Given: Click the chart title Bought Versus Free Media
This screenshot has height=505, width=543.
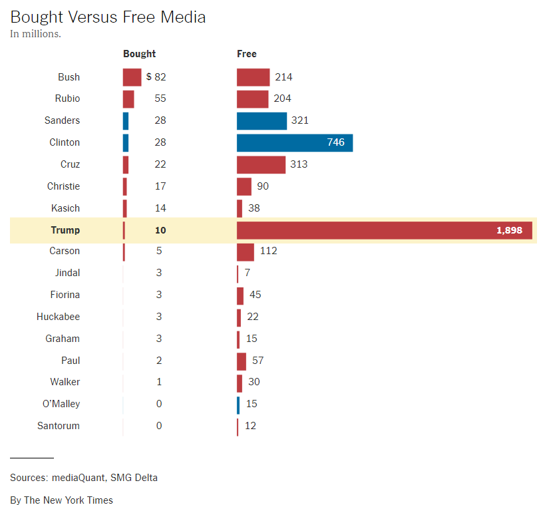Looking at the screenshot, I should point(108,17).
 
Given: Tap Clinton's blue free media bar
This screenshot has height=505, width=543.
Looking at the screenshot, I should point(294,142).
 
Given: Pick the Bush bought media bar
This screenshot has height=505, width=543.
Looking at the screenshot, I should point(132,77).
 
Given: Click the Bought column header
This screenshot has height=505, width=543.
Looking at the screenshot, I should point(139,54).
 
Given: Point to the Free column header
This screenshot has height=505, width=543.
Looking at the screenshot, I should point(246,54).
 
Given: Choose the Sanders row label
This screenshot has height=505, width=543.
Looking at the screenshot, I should point(62,120).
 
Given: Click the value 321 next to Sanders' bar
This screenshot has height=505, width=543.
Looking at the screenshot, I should point(299,120).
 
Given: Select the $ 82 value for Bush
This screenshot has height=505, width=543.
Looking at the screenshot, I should point(156,77).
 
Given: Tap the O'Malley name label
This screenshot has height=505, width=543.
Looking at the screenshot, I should point(61,404).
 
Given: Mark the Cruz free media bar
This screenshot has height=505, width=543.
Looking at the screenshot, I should point(261,164).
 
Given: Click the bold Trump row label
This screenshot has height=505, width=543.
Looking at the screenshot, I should point(65,230).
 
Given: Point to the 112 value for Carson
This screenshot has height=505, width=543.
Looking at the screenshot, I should point(268,251).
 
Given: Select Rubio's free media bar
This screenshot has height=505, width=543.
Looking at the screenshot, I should point(252,98).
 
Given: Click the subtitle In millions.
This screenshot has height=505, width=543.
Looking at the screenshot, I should point(35,34).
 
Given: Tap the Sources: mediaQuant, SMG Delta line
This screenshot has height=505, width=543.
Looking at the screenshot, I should point(84,478).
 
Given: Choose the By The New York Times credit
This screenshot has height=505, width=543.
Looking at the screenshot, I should point(61,500).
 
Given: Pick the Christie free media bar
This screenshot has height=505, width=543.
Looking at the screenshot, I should point(244,186).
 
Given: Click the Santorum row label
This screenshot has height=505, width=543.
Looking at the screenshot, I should point(58,426).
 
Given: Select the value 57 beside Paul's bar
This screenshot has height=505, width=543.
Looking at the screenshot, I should point(258,361).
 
